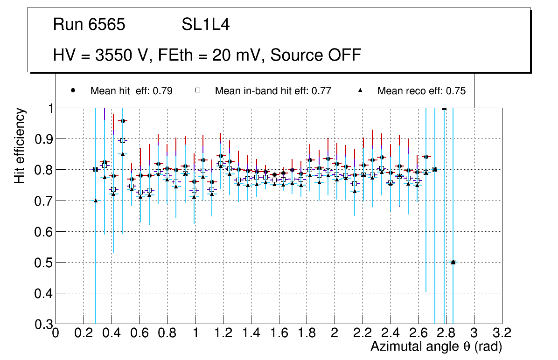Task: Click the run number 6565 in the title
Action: (x=107, y=24)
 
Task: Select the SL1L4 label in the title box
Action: (x=205, y=24)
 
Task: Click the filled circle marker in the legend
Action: (x=73, y=91)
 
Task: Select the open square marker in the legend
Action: (x=197, y=91)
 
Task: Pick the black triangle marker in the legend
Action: (x=361, y=91)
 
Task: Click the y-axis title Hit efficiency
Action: (x=20, y=145)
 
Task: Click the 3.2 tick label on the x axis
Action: (x=502, y=333)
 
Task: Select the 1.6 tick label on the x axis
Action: (x=279, y=333)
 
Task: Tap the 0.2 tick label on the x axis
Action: (x=84, y=333)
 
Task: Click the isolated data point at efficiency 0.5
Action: (x=453, y=262)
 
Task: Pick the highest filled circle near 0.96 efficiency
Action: (x=123, y=121)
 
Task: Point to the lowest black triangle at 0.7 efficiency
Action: (x=96, y=201)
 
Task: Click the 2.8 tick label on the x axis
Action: (x=446, y=333)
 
